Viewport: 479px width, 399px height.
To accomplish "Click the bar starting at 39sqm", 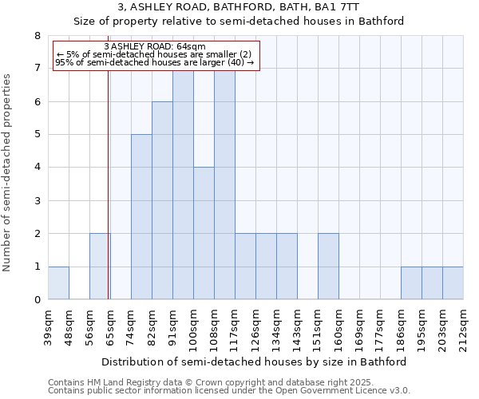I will click(58, 283).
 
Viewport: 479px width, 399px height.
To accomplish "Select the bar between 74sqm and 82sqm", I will click(141, 217).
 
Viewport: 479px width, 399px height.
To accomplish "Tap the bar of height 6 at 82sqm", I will click(162, 200).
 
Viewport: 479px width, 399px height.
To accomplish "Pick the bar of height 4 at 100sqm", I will click(204, 233).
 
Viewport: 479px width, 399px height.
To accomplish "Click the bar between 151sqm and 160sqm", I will click(328, 267).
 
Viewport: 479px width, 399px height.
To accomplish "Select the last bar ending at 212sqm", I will click(453, 283).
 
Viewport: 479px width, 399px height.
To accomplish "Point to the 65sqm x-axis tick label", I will click(110, 326).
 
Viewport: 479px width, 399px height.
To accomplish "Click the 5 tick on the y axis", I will click(37, 134).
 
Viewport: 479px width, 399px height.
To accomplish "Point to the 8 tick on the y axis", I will click(37, 35).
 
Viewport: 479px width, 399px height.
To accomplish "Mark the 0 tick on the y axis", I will click(37, 300).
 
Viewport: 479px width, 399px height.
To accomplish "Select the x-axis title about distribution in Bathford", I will click(255, 361).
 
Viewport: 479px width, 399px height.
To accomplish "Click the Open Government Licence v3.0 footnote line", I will click(228, 391).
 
